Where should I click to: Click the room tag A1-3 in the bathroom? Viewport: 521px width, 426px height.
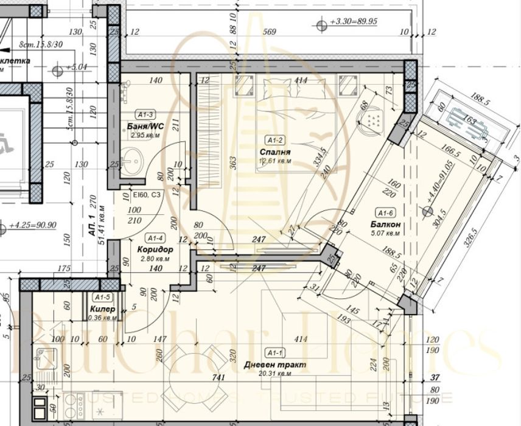[146, 114]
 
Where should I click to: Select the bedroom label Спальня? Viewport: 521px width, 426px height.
[274, 152]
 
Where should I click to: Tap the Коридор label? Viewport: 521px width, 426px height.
[155, 250]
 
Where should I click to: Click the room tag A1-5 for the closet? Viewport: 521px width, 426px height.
[102, 297]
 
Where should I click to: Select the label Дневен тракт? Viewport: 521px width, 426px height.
[274, 365]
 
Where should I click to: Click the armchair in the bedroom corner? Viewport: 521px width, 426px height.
[374, 122]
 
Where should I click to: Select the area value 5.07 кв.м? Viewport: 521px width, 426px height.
[386, 232]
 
